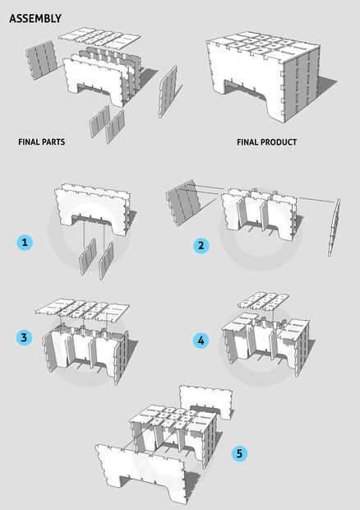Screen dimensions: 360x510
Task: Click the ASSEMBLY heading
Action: point(35,18)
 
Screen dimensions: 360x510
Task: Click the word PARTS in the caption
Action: point(53,141)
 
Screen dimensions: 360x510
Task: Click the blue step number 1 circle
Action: point(25,243)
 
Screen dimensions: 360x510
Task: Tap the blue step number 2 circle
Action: point(201,245)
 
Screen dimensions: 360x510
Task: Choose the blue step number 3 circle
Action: point(25,337)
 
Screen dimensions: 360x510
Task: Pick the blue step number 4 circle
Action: point(201,341)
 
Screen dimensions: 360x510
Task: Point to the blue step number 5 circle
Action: point(239,453)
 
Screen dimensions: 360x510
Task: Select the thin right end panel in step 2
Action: point(334,227)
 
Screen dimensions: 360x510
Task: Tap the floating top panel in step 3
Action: point(82,310)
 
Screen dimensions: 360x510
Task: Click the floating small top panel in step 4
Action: point(263,300)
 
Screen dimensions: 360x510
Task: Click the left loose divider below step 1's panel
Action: point(88,257)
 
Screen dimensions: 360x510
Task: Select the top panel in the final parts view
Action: point(99,38)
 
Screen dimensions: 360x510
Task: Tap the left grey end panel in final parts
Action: point(41,59)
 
